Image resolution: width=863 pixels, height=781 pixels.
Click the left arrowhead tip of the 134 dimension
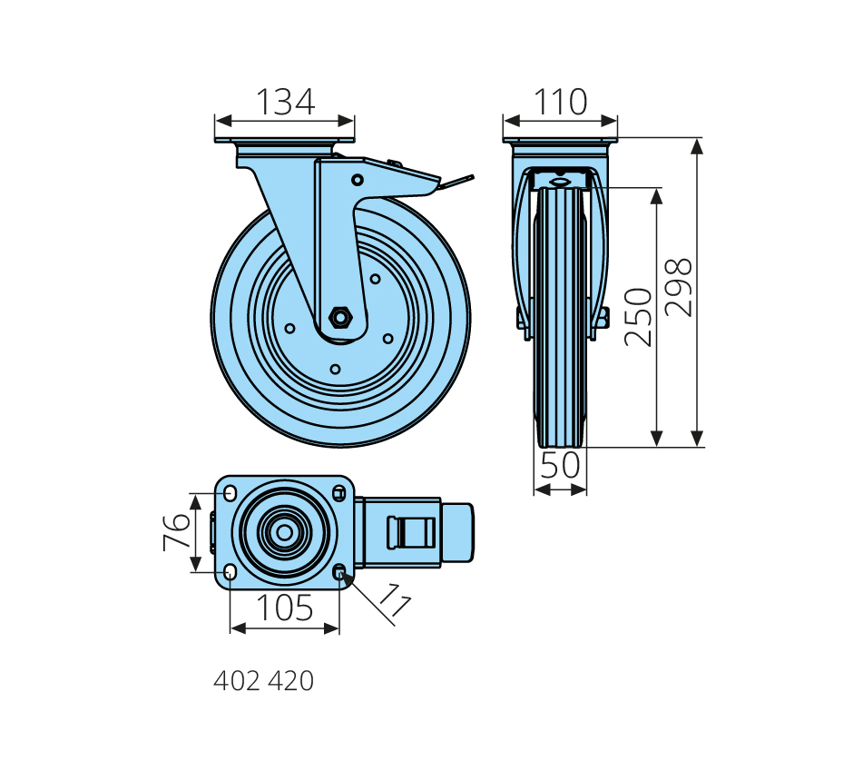(x=216, y=121)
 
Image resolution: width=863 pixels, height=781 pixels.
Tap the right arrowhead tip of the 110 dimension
(x=616, y=121)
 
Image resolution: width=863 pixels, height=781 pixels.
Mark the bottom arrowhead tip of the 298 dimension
(x=697, y=446)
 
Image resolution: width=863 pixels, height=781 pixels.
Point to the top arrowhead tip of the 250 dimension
(x=656, y=189)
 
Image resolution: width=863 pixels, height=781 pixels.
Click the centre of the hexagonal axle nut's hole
(x=340, y=318)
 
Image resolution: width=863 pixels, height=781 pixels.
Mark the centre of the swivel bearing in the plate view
(x=284, y=532)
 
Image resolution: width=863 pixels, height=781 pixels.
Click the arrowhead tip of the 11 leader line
(x=341, y=573)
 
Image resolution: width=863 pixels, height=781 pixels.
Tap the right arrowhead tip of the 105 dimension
(x=339, y=628)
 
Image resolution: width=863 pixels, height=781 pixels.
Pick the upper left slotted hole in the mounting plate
(x=230, y=493)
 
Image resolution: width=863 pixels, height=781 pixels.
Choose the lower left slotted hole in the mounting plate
(x=230, y=572)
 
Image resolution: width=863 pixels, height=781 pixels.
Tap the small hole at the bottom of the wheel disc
(x=335, y=369)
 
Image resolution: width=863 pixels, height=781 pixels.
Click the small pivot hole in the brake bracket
(x=358, y=180)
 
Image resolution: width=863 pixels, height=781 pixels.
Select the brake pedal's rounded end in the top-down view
(x=457, y=532)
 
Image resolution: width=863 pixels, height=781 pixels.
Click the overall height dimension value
(x=678, y=287)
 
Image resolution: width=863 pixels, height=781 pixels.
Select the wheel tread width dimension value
(x=560, y=464)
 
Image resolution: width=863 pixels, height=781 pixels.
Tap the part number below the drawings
(x=264, y=681)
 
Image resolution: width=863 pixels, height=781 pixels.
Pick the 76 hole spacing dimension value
(x=177, y=532)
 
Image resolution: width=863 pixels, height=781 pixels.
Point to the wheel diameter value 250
(x=639, y=317)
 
